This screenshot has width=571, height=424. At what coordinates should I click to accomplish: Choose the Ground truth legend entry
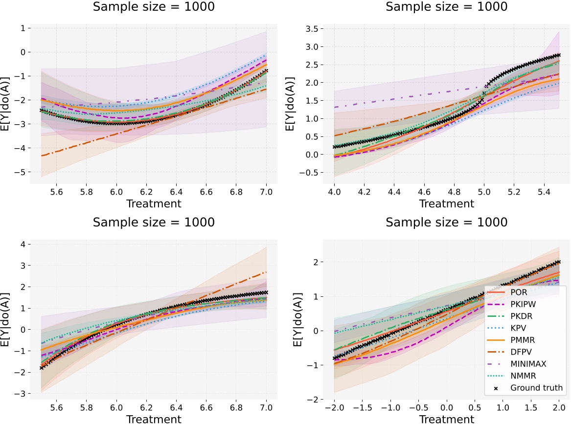tap(536, 388)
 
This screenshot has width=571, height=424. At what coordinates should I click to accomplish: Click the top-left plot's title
tap(154, 7)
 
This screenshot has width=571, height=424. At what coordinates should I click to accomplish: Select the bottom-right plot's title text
tap(446, 222)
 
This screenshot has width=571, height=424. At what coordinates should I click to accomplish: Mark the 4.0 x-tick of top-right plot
tap(335, 193)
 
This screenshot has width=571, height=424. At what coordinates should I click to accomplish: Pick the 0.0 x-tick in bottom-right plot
tap(446, 407)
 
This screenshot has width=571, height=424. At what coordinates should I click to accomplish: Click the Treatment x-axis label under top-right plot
tap(446, 203)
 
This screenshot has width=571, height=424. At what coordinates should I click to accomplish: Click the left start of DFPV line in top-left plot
tap(42, 156)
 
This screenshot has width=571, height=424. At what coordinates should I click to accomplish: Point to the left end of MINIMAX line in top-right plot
tap(335, 107)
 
